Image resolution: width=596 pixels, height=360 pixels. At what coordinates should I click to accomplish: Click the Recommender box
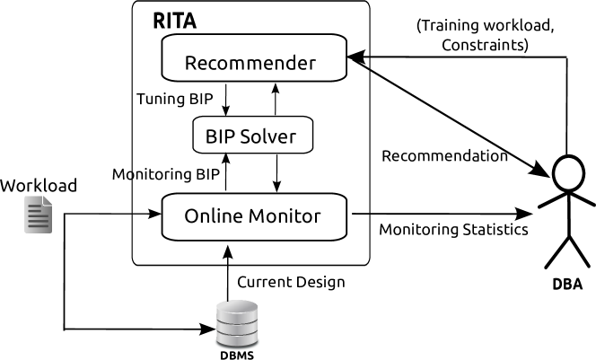tap(254, 58)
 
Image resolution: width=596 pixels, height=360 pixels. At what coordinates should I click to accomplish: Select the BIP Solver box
tap(253, 136)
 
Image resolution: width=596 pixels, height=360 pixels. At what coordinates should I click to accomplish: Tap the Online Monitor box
tap(254, 216)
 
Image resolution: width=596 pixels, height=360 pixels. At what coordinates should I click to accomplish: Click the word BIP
tap(220, 138)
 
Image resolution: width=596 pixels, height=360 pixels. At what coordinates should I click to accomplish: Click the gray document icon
tap(38, 215)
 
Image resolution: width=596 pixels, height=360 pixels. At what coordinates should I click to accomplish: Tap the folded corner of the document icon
tap(47, 200)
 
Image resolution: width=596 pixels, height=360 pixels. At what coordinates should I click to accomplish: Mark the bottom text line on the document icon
tap(38, 225)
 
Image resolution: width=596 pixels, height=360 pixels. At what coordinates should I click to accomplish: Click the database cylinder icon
tap(237, 324)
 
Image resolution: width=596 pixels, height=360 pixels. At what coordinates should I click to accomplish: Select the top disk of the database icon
tap(237, 308)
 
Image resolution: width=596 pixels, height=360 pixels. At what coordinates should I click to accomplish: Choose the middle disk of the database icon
tap(237, 324)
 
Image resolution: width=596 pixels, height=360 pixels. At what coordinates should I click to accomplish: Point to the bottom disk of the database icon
tap(237, 338)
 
